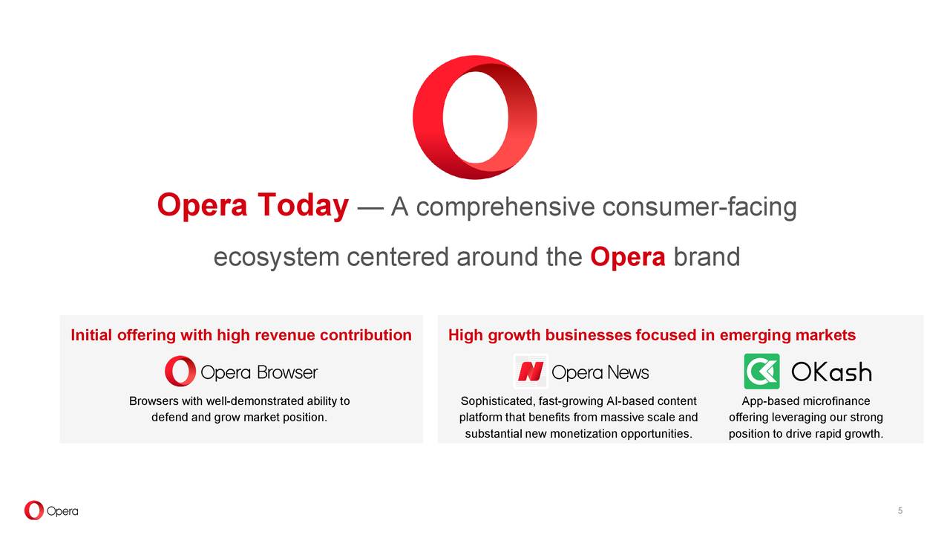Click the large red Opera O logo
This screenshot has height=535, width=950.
coord(475,117)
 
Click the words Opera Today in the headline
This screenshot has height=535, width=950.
coord(252,206)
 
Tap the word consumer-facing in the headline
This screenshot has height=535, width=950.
coord(699,207)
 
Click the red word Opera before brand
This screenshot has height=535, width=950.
coord(628,257)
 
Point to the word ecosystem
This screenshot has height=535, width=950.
coord(275,257)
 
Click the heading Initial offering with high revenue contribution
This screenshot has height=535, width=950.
coord(241,335)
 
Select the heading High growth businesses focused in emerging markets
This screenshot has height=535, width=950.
coord(652,335)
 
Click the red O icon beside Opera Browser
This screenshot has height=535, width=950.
coord(180,372)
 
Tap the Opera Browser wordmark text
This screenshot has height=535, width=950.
coord(259,372)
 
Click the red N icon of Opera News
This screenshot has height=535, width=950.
coord(531,372)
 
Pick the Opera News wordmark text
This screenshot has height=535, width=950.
coord(600,372)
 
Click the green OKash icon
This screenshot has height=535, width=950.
coord(761,372)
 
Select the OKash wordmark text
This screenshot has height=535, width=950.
coord(831,372)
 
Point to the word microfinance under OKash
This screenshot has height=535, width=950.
coord(836,401)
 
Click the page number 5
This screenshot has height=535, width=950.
coord(900,510)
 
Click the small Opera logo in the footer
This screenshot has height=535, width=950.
coord(50,510)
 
